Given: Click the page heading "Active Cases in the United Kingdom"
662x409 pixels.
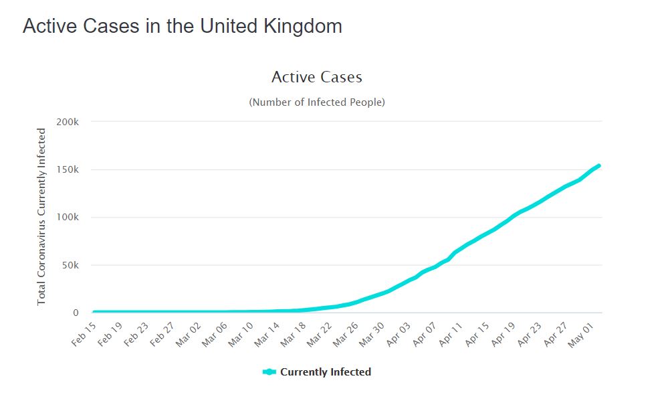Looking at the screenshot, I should pyautogui.click(x=183, y=26).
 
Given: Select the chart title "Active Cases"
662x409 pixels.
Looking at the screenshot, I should pyautogui.click(x=317, y=77).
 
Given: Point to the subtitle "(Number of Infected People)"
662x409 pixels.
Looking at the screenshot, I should pyautogui.click(x=317, y=102).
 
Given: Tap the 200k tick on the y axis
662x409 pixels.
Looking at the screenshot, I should pyautogui.click(x=68, y=122).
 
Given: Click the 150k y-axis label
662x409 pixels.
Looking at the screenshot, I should pyautogui.click(x=68, y=169).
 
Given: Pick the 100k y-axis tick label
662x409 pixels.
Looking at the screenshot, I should pyautogui.click(x=68, y=218).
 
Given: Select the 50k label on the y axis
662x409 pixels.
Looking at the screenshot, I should pyautogui.click(x=70, y=265).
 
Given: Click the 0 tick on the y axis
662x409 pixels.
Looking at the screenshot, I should pyautogui.click(x=76, y=313).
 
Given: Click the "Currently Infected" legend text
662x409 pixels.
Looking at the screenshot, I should pyautogui.click(x=326, y=372).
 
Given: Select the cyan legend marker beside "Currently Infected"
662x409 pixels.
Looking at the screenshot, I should pyautogui.click(x=269, y=372).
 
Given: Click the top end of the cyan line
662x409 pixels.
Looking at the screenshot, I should pyautogui.click(x=598, y=165).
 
